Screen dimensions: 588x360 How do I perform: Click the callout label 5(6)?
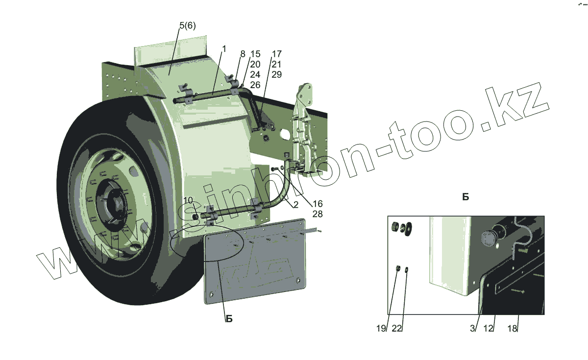[x=187, y=26]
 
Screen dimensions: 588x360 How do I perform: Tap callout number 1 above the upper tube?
[x=224, y=49]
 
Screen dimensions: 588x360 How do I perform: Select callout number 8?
[x=242, y=54]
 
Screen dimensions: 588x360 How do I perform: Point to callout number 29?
[x=277, y=74]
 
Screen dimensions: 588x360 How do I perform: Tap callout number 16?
[x=317, y=204]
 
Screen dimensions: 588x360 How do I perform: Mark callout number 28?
[x=317, y=214]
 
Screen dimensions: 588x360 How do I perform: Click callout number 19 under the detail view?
[x=382, y=329]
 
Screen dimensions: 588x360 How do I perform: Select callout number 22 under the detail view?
[x=397, y=329]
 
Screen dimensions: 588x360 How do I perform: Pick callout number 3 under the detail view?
[x=472, y=329]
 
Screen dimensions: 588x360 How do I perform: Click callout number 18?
[x=512, y=329]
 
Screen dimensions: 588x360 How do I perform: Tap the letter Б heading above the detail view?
[x=465, y=197]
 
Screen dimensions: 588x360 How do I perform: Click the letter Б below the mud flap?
[x=229, y=319]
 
